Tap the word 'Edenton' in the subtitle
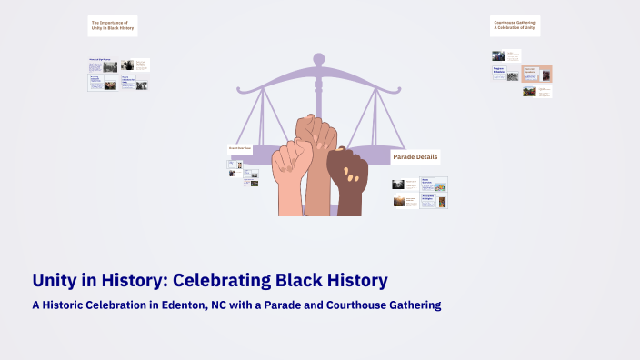[x=177, y=305]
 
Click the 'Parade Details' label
[x=415, y=157]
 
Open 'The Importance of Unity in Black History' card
[x=113, y=25]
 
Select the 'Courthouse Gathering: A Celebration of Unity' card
[x=515, y=25]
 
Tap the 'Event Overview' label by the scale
[x=239, y=148]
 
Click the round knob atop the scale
[x=318, y=59]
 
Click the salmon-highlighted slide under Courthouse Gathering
[x=536, y=74]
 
